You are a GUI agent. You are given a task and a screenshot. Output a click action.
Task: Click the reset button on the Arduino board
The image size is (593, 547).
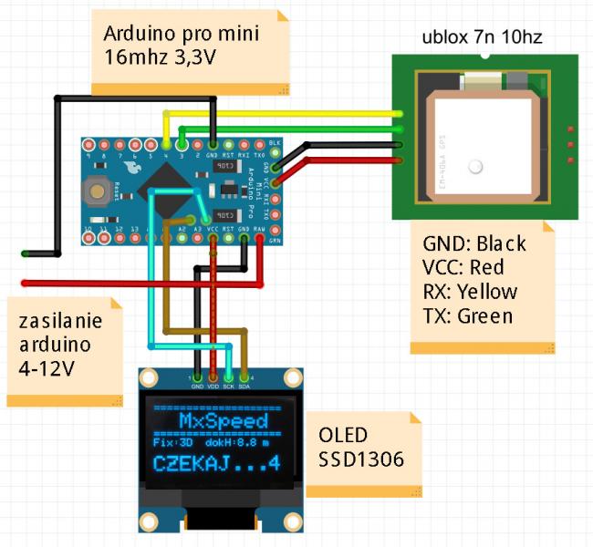point(94,191)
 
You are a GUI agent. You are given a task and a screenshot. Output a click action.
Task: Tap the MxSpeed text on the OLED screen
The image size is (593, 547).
point(223,420)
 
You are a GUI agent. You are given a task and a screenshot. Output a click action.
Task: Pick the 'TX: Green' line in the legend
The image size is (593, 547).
point(468,316)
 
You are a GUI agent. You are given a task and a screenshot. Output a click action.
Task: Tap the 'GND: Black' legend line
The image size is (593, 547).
point(474,243)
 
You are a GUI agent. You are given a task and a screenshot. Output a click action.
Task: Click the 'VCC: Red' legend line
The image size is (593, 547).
point(464,267)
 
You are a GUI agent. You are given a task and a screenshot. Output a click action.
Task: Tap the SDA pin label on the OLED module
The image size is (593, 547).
point(244,387)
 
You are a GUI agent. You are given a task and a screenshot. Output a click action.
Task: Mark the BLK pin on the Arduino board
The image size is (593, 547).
point(275,144)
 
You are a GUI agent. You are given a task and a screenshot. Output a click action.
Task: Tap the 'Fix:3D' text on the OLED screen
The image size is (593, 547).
point(172,441)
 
